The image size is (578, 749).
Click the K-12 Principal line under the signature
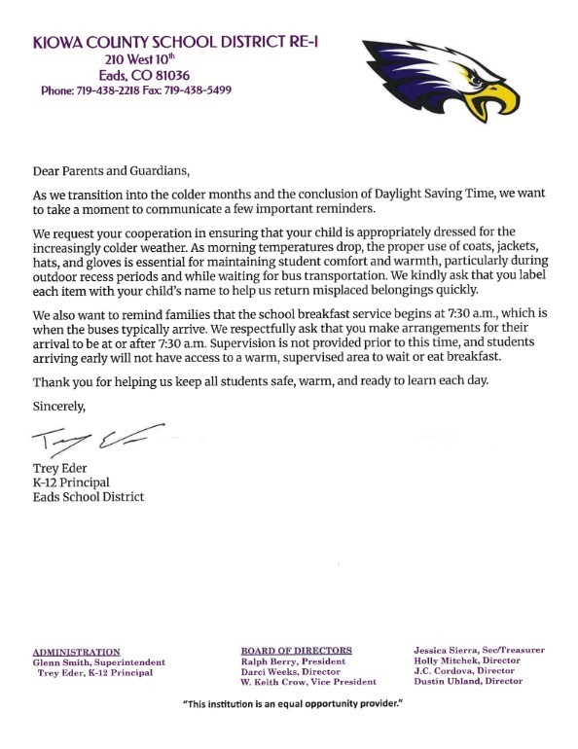click(x=71, y=483)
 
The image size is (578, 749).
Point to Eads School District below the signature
click(x=89, y=497)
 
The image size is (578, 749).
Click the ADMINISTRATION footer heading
click(x=77, y=652)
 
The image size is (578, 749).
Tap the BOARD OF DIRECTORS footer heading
click(x=296, y=650)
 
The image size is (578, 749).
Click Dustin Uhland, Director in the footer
click(x=467, y=681)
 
